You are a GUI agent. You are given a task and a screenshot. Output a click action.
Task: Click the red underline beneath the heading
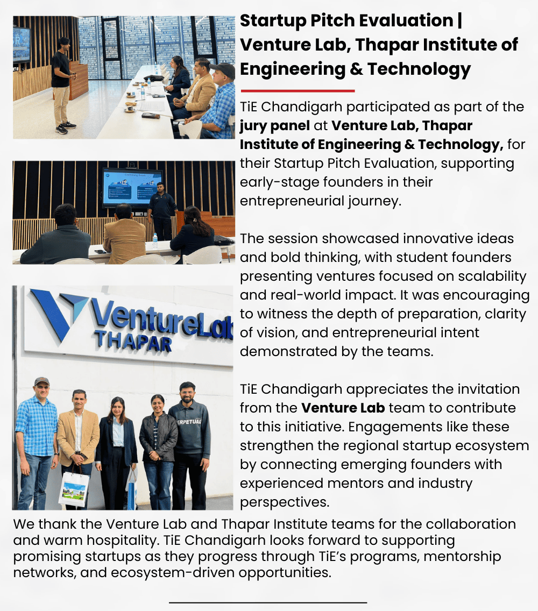298,91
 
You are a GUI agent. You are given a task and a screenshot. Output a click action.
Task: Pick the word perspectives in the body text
284,502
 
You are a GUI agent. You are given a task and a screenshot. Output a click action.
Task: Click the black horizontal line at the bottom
268,602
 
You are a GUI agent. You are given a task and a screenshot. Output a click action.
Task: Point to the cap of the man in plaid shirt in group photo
41,381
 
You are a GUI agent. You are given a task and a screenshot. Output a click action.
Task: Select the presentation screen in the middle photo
132,187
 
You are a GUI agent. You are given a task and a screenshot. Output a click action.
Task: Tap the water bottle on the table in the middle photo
155,240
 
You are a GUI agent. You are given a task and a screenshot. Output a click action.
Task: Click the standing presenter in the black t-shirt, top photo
61,85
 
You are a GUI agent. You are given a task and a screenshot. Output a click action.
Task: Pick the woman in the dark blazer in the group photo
116,452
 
